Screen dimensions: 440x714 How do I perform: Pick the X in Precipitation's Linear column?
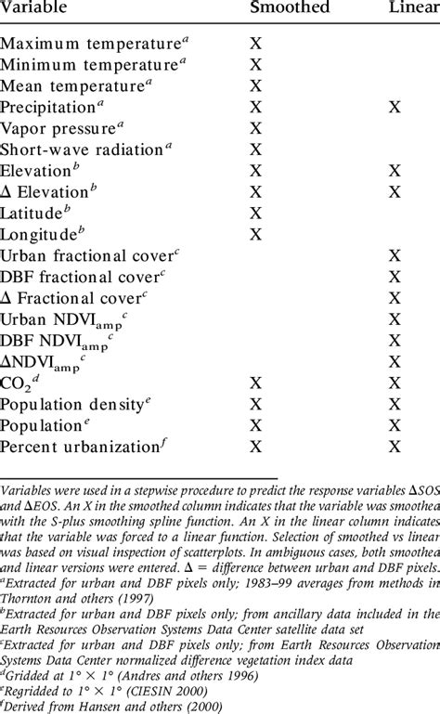[395, 108]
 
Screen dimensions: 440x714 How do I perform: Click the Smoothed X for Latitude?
[257, 213]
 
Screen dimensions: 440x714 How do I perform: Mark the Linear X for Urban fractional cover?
[395, 255]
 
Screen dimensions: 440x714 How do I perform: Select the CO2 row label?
[19, 383]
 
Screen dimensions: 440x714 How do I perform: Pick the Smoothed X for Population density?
[257, 404]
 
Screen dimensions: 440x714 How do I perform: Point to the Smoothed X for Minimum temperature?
[257, 65]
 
